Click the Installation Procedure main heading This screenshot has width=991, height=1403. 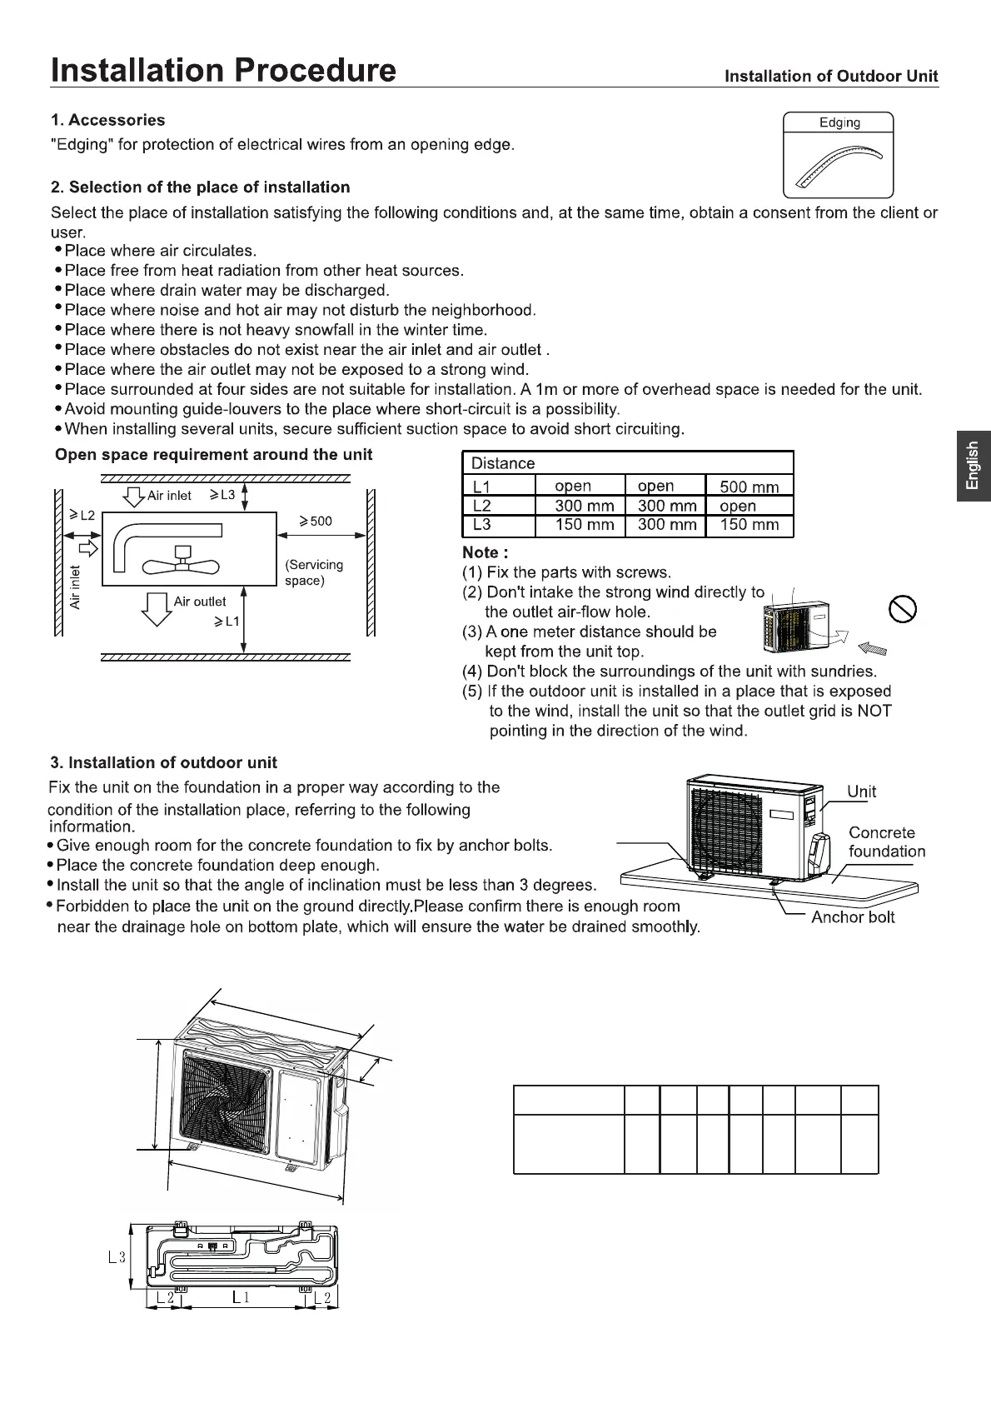[223, 70]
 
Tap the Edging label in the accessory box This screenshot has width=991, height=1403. [839, 123]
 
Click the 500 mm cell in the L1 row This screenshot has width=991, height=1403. [749, 487]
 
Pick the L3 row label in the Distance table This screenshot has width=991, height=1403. [481, 525]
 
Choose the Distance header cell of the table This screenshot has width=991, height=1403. [503, 463]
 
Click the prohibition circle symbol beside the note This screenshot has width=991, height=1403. [904, 609]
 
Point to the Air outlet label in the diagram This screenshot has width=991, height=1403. [200, 602]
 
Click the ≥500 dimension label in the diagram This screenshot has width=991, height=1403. [316, 522]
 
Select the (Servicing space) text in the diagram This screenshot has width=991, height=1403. [313, 572]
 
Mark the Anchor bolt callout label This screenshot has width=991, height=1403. [853, 917]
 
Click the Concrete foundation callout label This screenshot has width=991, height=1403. [886, 841]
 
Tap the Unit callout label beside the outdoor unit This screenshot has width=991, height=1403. [861, 791]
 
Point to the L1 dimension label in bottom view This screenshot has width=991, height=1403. [241, 1297]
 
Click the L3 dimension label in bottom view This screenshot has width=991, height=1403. [117, 1257]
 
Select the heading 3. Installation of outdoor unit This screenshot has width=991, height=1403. [163, 762]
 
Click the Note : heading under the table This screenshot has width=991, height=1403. [485, 552]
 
